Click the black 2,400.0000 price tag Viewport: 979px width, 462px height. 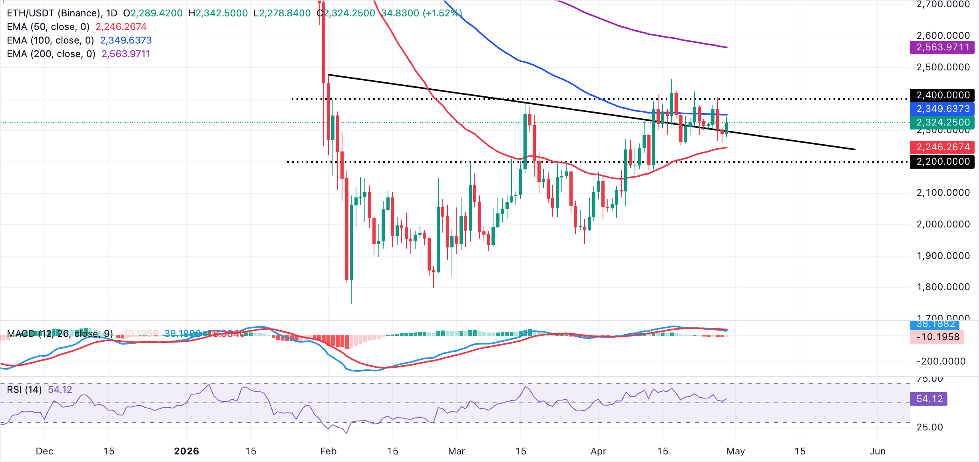pyautogui.click(x=942, y=95)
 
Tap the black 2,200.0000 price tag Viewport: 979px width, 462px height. pyautogui.click(x=942, y=161)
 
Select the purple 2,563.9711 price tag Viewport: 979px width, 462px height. pyautogui.click(x=942, y=47)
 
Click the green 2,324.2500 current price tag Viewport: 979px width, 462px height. pyautogui.click(x=942, y=122)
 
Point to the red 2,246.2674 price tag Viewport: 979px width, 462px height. pyautogui.click(x=942, y=147)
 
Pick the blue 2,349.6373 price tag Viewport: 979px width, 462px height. pyautogui.click(x=942, y=109)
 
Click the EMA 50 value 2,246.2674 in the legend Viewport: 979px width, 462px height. pyautogui.click(x=121, y=27)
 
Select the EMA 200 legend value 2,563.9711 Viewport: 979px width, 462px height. pyautogui.click(x=125, y=54)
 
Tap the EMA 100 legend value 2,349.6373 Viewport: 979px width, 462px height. pyautogui.click(x=126, y=40)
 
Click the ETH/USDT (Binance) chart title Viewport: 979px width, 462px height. pyautogui.click(x=54, y=13)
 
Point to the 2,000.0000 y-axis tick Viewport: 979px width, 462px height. pyautogui.click(x=943, y=224)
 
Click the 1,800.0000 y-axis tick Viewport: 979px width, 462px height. pyautogui.click(x=943, y=287)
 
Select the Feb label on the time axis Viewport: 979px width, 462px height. pyautogui.click(x=328, y=451)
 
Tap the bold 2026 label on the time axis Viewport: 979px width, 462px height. pyautogui.click(x=187, y=451)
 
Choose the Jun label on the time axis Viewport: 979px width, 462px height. pyautogui.click(x=878, y=451)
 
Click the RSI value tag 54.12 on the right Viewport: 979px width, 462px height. pyautogui.click(x=929, y=399)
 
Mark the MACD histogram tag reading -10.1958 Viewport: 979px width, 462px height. pyautogui.click(x=937, y=337)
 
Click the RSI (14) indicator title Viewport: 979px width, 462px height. pyautogui.click(x=24, y=389)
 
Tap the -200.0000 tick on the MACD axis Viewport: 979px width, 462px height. pyautogui.click(x=941, y=361)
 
